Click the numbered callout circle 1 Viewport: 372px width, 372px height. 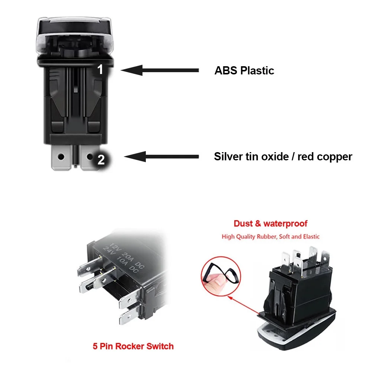pos(100,70)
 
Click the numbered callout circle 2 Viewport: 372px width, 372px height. pos(101,160)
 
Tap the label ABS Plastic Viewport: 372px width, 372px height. pos(244,70)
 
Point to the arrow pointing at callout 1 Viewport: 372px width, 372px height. pos(160,70)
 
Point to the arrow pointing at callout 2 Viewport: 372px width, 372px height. pos(161,157)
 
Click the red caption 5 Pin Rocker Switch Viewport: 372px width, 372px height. pos(133,346)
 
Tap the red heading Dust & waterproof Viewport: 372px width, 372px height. pos(270,224)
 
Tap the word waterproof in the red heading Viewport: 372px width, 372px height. pos(285,224)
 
